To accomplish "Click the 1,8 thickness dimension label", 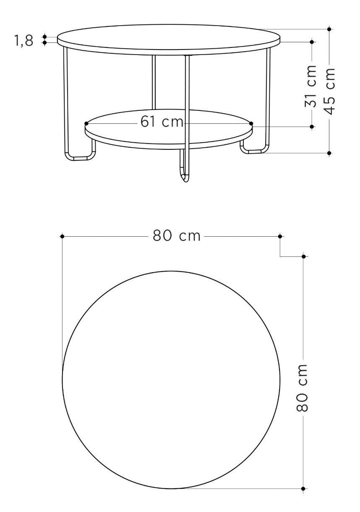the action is pos(24,41).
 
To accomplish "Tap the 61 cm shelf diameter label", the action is pos(162,121).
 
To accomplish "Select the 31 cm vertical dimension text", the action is pos(310,86).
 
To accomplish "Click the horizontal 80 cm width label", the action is pos(177,236).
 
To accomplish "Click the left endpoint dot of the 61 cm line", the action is pos(86,123).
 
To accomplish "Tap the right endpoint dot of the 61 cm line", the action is pos(251,123).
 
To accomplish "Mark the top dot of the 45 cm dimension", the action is pos(329,29).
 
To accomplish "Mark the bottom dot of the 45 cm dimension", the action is pos(329,153).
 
